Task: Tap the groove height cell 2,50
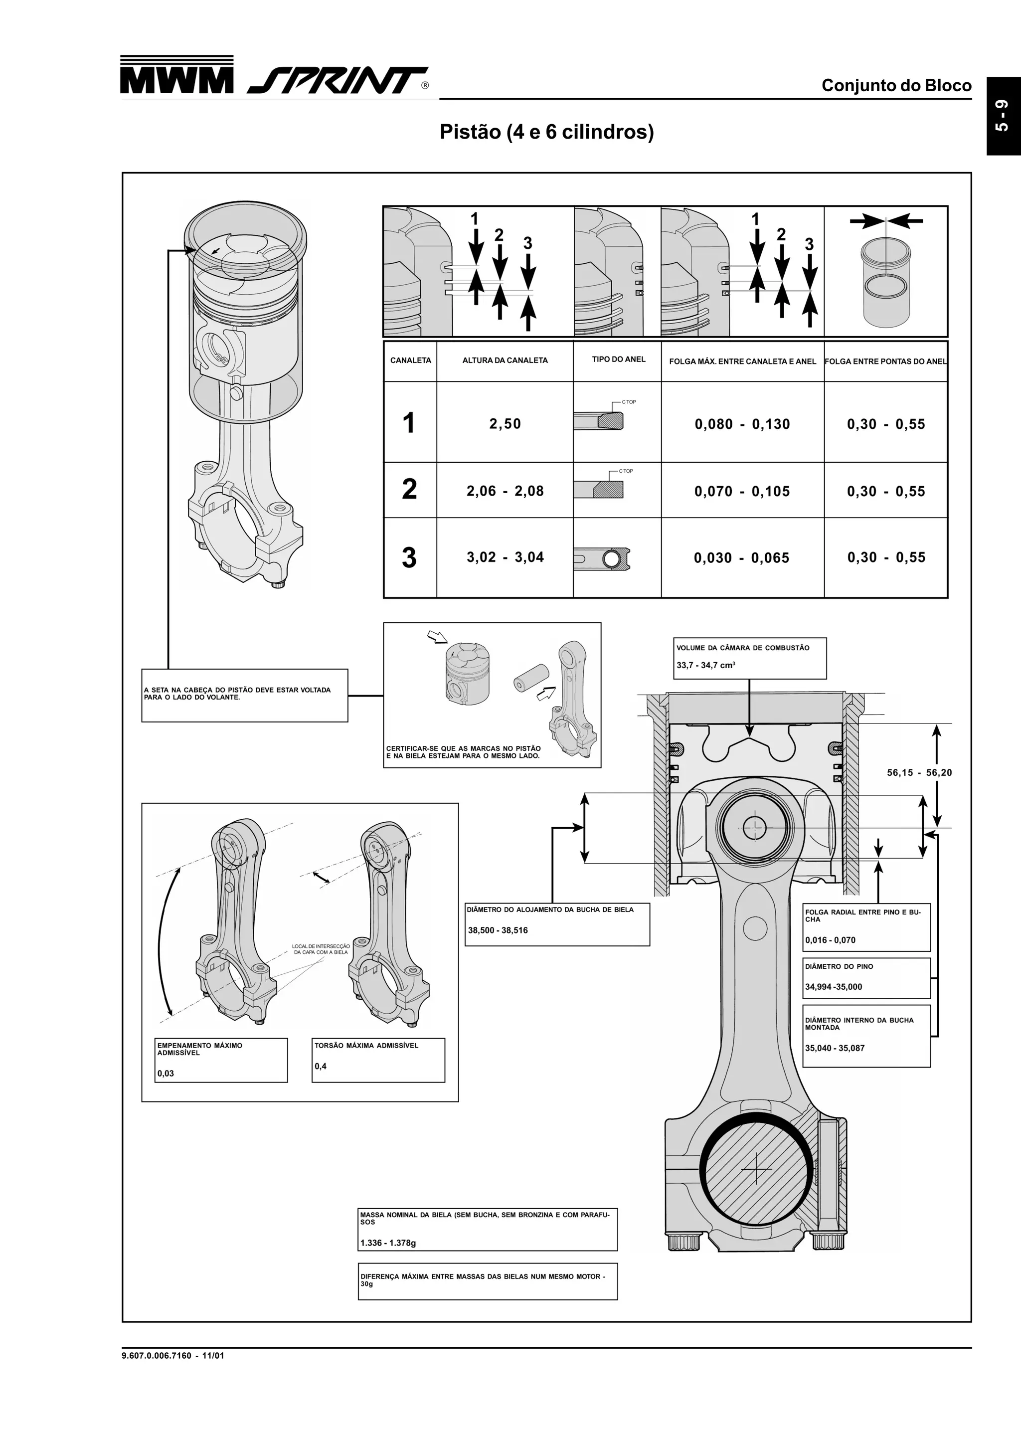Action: coord(505,423)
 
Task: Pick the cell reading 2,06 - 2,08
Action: coord(505,491)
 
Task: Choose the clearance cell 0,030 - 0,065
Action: coord(742,557)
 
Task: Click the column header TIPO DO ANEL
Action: coord(618,360)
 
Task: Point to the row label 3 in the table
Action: coord(409,557)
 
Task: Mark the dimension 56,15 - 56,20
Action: coord(919,773)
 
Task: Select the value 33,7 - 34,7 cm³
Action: coord(705,665)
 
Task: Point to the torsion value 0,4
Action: coord(320,1066)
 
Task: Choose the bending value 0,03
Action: coord(166,1073)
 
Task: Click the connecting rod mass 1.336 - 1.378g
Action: coord(388,1243)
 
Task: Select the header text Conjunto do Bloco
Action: coord(896,86)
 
